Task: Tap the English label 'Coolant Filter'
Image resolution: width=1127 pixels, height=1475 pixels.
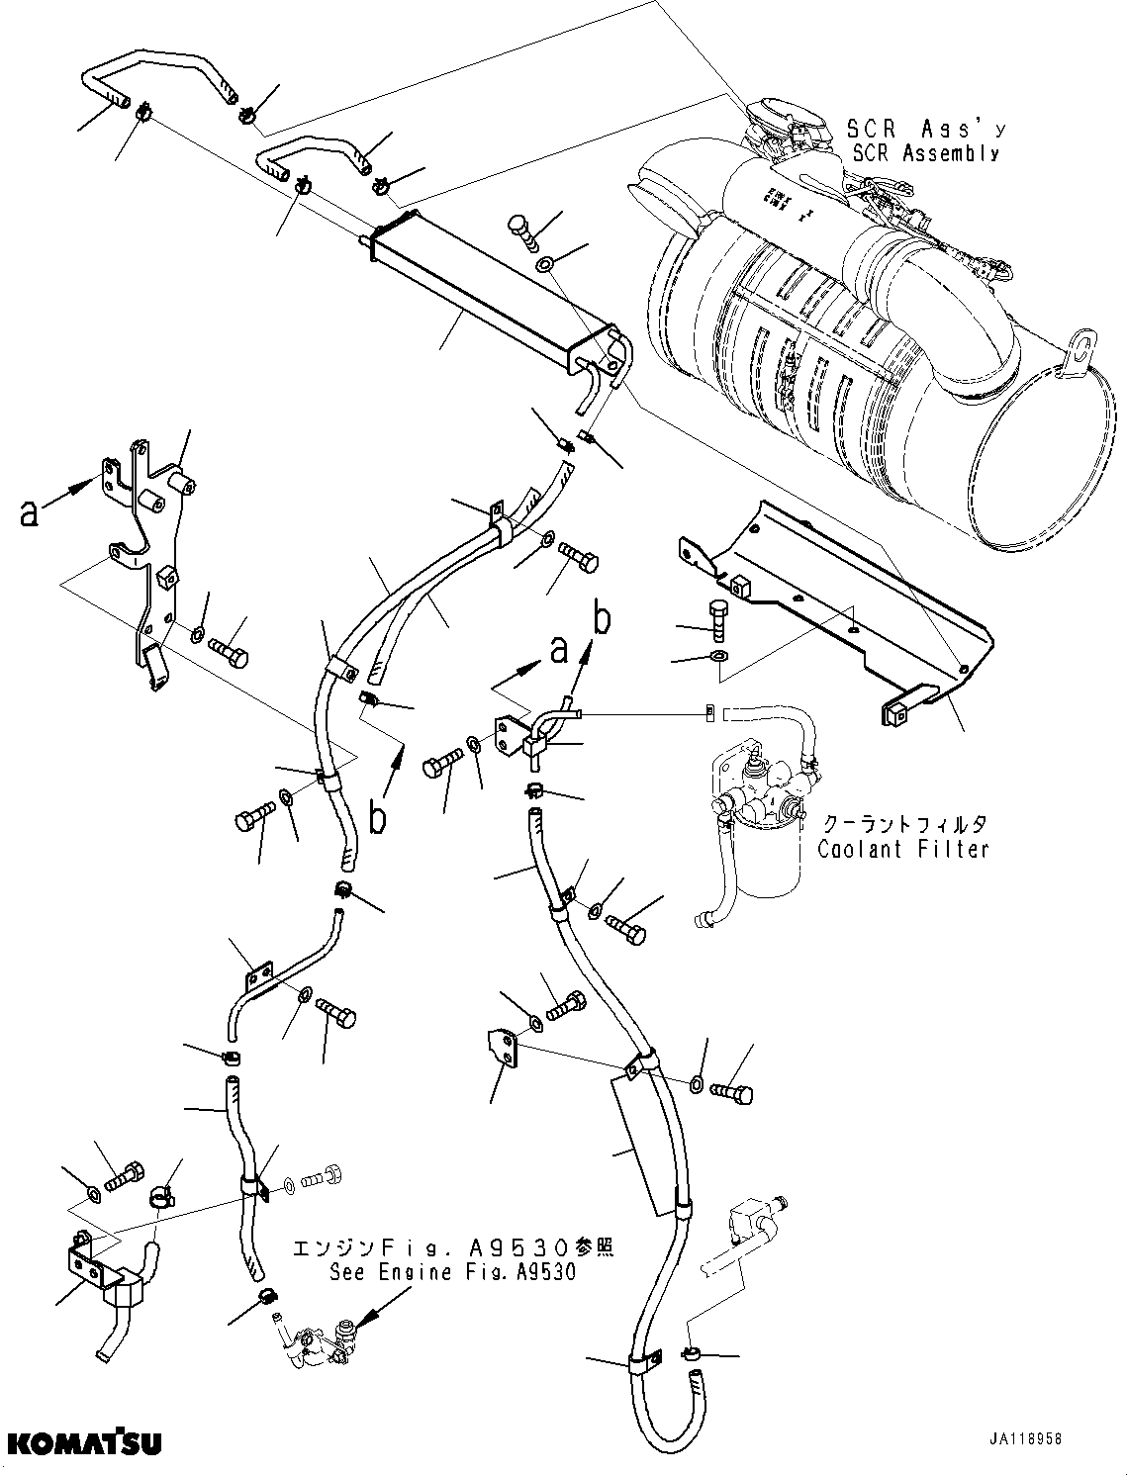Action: click(x=902, y=849)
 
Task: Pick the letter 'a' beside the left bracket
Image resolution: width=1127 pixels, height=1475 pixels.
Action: click(x=30, y=511)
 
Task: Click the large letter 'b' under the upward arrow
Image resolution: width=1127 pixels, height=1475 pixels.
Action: click(x=377, y=820)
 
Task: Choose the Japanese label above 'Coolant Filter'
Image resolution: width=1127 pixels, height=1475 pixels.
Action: click(x=903, y=823)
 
